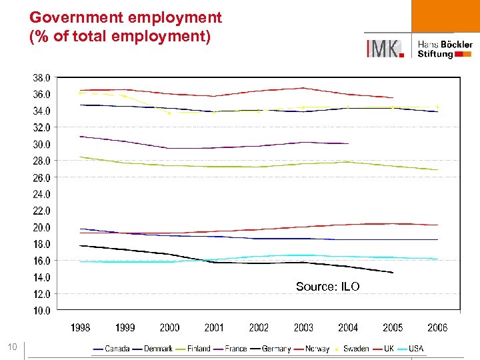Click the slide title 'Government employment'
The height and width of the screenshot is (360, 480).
125,17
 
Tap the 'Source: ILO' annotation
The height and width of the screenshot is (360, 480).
327,287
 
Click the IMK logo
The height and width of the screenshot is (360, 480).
385,47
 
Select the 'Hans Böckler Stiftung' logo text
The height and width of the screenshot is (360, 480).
445,49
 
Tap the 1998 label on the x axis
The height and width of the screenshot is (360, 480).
80,327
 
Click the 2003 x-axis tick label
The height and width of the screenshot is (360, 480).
303,327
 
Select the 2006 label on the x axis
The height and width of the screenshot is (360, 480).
437,327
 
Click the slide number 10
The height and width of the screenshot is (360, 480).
13,346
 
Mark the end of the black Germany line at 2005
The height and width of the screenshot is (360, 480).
393,273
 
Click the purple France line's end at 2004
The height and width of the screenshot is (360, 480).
348,143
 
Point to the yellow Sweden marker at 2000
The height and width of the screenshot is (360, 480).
169,113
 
